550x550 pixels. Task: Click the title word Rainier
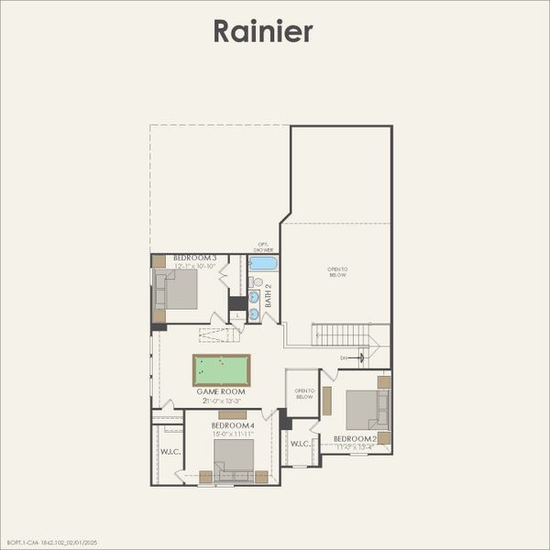[x=263, y=31]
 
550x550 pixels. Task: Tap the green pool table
[x=221, y=370]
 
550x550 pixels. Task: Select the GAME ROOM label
[x=221, y=391]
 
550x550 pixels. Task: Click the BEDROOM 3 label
[x=194, y=258]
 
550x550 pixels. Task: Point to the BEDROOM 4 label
[x=232, y=425]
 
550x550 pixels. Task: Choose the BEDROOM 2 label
[x=355, y=439]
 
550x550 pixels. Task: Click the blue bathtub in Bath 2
[x=263, y=263]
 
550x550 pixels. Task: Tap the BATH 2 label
[x=269, y=296]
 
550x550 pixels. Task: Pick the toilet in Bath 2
[x=258, y=282]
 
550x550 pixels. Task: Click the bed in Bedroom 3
[x=180, y=289]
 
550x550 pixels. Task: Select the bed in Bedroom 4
[x=233, y=456]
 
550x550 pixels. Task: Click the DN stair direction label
[x=344, y=357]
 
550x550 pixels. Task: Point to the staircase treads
[x=340, y=335]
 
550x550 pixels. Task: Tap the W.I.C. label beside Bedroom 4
[x=170, y=451]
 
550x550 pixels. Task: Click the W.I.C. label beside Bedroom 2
[x=301, y=445]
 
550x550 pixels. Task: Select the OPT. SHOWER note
[x=263, y=247]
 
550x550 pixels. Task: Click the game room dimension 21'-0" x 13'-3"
[x=221, y=401]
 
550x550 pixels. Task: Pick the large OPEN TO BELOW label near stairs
[x=337, y=272]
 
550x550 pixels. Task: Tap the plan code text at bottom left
[x=51, y=543]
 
